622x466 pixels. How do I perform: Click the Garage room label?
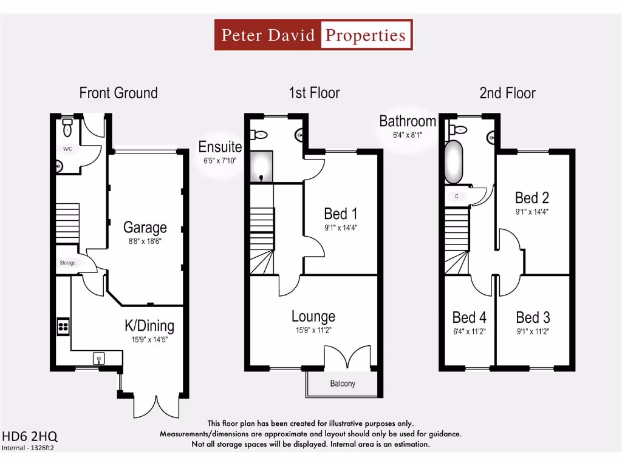tap(145, 228)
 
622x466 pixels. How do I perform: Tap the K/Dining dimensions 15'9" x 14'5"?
tap(149, 340)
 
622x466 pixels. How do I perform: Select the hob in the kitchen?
tap(63, 326)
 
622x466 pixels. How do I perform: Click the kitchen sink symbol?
tap(99, 358)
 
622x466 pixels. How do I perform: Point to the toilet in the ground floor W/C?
tap(67, 127)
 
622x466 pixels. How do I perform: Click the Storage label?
tap(67, 263)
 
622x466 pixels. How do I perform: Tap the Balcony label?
tap(343, 383)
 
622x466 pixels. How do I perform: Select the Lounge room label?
tap(313, 316)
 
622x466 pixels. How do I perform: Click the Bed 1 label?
tap(341, 214)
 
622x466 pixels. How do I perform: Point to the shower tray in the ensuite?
tap(261, 166)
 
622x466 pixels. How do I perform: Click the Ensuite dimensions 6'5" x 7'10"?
tap(220, 160)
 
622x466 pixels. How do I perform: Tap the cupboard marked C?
tap(457, 196)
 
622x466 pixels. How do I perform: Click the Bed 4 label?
tap(470, 317)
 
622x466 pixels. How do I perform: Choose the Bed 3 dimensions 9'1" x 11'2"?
tap(533, 331)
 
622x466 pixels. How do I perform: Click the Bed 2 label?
tap(532, 197)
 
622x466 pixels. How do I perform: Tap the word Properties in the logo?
tap(365, 35)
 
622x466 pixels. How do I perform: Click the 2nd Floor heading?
tap(507, 93)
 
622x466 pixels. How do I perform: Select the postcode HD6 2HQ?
tap(30, 437)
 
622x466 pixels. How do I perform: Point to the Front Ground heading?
tap(118, 93)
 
